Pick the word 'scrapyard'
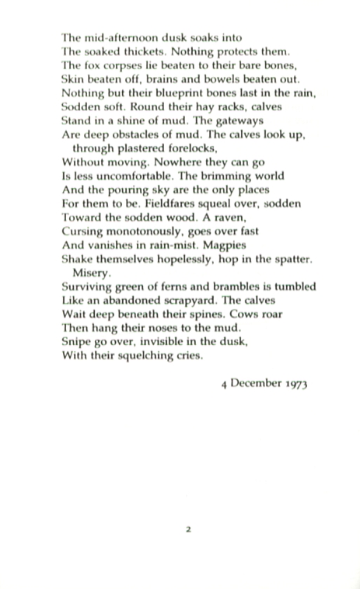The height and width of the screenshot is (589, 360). (208, 301)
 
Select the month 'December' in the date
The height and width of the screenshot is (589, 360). (257, 384)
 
